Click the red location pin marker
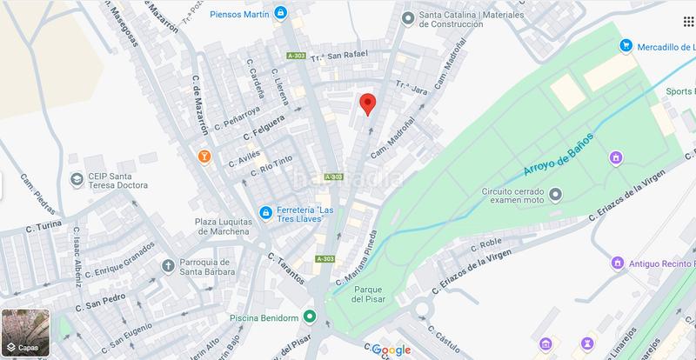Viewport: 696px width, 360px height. click(367, 103)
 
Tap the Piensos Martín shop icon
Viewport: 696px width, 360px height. click(280, 13)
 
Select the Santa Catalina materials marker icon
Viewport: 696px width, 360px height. click(406, 17)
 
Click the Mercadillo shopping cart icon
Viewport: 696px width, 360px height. click(626, 46)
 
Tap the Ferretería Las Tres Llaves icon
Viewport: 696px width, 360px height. click(265, 212)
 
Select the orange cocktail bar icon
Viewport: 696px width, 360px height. click(204, 156)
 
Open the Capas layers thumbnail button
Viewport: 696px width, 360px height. click(26, 334)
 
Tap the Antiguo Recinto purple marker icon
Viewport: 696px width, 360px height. click(617, 262)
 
